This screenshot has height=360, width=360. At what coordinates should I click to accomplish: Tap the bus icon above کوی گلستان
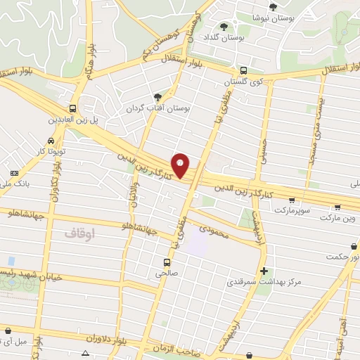(x=243, y=70)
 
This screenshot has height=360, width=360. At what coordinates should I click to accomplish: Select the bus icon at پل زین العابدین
(x=73, y=108)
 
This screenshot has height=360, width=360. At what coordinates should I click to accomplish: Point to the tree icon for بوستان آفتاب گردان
(x=157, y=98)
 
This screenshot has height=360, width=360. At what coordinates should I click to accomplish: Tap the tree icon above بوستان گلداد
(x=224, y=27)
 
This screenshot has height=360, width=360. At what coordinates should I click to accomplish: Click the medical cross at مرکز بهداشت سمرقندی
(x=264, y=271)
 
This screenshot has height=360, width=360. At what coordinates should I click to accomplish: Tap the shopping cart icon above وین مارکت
(x=338, y=207)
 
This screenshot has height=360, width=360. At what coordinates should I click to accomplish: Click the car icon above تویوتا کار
(x=51, y=140)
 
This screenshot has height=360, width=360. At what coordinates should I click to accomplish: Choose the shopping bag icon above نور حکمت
(x=353, y=247)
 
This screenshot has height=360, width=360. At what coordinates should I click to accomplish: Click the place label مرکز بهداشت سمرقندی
(x=264, y=282)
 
